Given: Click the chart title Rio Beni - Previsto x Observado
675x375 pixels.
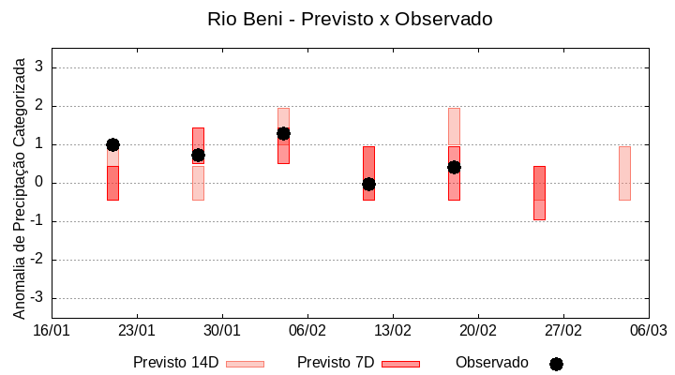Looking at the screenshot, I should coord(337,19).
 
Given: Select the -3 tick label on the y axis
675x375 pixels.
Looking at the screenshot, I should coord(37,298).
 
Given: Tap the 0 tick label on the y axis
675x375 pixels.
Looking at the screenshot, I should coord(39,183).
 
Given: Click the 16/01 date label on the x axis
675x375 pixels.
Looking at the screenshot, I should coord(52,331).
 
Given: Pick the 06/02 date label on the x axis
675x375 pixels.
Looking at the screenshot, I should coord(307,331).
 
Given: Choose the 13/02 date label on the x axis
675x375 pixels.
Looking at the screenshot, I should coord(393,331).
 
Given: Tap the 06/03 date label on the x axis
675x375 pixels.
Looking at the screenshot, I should coord(649,331).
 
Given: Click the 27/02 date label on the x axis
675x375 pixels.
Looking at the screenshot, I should coord(563,331).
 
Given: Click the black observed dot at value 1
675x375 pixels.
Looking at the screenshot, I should coord(112,144).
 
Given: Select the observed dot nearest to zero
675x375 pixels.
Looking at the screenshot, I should coord(368,184).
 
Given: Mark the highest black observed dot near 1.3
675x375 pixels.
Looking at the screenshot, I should coord(283,133).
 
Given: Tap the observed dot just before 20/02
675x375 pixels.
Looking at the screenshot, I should coord(454,167).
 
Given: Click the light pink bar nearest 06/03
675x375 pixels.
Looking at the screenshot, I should coord(624,173).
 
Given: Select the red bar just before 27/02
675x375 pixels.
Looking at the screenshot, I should coord(539,192).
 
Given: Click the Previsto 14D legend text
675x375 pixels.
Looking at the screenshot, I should coord(175,362).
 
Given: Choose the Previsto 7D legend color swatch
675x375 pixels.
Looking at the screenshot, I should coord(400,364).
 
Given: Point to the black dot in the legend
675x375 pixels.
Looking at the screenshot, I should coord(556,364).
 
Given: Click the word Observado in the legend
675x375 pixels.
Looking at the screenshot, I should coord(491,362).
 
